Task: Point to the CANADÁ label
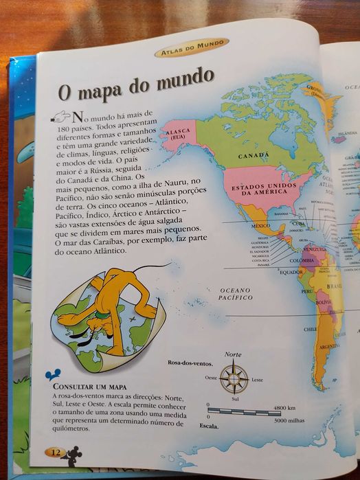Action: point(253,156)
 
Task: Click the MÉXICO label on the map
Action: point(260,225)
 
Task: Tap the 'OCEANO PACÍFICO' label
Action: point(235,293)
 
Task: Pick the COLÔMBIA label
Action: point(302,261)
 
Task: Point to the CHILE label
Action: point(311,329)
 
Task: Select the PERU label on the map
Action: point(307,291)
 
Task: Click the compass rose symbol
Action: point(236,378)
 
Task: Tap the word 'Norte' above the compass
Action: point(234,354)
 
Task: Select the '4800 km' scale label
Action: point(284,407)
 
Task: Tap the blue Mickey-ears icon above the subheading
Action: point(48,375)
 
